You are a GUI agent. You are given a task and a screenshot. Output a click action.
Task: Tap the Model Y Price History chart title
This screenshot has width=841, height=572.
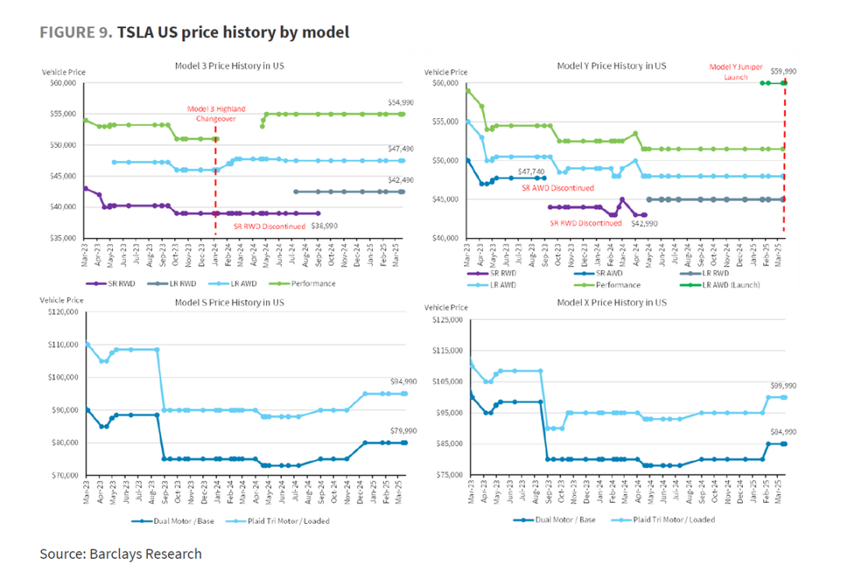pos(611,66)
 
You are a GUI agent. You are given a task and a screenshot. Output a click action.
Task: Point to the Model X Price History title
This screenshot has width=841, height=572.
pos(611,301)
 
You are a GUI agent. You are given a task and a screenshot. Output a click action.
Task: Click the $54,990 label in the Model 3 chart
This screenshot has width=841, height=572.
pos(401,102)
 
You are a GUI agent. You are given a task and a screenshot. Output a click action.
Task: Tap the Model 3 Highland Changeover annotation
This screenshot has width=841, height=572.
pos(215,114)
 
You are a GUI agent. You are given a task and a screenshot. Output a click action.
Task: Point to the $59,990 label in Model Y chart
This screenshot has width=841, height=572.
pos(783,71)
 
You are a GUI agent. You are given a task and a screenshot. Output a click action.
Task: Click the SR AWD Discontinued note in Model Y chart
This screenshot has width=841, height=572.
pos(557,188)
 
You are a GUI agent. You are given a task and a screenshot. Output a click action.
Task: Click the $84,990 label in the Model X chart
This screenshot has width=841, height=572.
pos(783,431)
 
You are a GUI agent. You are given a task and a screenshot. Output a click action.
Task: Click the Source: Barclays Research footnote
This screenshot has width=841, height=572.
pos(121,554)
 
